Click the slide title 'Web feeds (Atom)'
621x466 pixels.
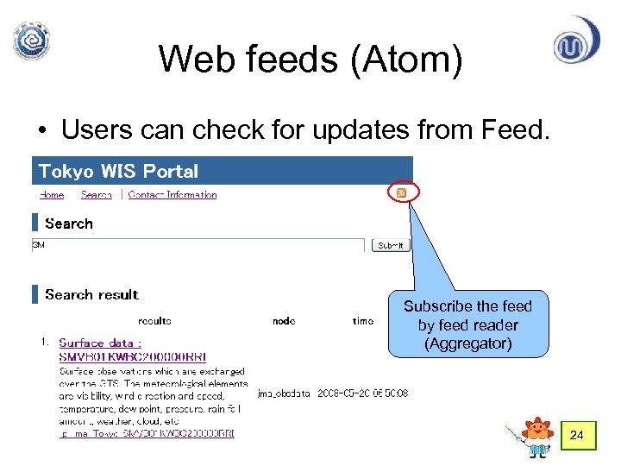point(310,59)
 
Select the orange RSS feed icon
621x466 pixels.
point(401,193)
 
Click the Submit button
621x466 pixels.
point(391,245)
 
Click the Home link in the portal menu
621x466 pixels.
point(52,195)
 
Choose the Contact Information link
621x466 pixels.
point(172,195)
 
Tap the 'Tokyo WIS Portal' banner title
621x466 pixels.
point(118,171)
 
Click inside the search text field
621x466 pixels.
point(198,245)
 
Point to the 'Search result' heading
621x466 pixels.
point(91,294)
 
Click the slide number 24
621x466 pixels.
point(577,437)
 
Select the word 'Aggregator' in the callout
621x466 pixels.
point(468,343)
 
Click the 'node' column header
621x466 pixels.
point(284,321)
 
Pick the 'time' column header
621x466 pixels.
point(363,321)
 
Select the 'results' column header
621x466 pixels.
point(154,321)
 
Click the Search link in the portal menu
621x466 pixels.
point(97,195)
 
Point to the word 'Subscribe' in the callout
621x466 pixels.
point(438,306)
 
